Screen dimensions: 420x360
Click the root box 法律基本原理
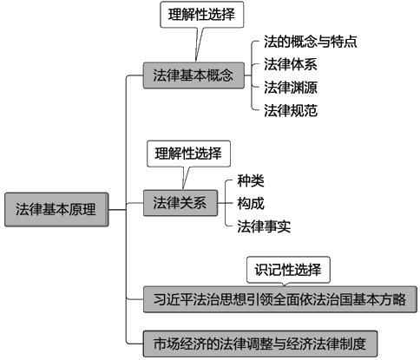coord(56,209)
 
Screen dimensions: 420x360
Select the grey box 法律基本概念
coord(194,75)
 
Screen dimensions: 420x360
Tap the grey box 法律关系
coord(180,203)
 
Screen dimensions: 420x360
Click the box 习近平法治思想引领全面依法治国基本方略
coord(280,299)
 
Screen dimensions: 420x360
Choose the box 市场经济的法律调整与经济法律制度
coord(260,344)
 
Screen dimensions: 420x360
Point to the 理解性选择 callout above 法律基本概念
coord(202,15)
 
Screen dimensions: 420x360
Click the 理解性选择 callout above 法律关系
coord(188,154)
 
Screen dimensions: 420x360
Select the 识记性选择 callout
coord(288,270)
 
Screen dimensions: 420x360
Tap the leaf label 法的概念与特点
coord(311,42)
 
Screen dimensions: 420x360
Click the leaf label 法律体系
coord(291,64)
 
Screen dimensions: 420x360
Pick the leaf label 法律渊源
coord(291,88)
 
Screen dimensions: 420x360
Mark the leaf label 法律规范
coord(291,110)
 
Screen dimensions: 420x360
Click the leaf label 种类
coord(251,181)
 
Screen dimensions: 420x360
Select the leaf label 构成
coord(251,203)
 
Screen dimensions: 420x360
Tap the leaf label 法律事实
coord(264,226)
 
